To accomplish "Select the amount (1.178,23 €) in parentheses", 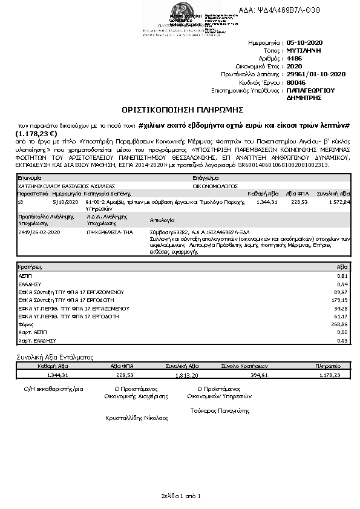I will point(36,134).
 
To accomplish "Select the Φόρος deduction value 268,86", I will point(341,324).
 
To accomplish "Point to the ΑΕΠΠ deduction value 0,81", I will point(344,275).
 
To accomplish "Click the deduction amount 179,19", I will point(341,300).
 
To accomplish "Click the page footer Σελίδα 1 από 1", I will point(180,496).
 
